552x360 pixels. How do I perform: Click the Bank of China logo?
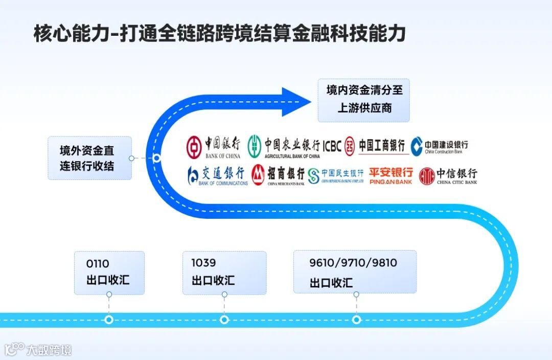click(213, 147)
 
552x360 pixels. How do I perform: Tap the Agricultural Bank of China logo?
click(284, 147)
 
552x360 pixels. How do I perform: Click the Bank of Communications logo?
click(218, 175)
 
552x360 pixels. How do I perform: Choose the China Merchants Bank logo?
click(278, 175)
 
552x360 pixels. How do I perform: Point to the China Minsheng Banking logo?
click(336, 175)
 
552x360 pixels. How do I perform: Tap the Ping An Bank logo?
click(391, 175)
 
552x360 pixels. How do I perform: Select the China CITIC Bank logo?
click(448, 175)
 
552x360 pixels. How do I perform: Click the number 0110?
click(98, 264)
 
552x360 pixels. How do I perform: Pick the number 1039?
click(203, 263)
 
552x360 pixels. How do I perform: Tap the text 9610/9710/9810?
click(353, 263)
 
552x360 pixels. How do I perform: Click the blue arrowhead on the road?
click(295, 101)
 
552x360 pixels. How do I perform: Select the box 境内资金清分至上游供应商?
click(363, 100)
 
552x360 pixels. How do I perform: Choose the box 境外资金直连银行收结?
click(89, 158)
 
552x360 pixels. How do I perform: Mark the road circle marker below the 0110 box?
click(109, 320)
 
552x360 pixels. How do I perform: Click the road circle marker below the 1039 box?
click(224, 320)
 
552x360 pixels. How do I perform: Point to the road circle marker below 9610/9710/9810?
click(356, 320)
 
